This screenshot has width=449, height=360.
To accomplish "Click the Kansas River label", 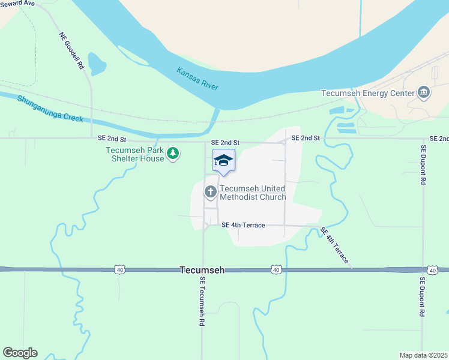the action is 197,79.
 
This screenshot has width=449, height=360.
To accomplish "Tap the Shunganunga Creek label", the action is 50,109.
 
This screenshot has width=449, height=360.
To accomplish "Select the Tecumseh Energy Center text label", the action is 368,93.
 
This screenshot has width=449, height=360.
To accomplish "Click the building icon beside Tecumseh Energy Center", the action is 424,92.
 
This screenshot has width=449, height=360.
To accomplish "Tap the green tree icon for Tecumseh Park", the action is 173,154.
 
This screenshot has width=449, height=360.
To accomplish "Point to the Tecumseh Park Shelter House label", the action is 134,154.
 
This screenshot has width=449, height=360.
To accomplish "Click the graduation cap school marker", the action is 223,160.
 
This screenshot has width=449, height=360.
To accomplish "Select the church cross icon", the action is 210,192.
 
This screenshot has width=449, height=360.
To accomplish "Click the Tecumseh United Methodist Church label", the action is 252,192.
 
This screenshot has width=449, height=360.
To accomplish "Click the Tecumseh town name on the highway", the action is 202,271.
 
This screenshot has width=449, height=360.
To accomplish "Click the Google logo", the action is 20,353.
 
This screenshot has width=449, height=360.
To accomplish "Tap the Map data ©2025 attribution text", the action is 423,355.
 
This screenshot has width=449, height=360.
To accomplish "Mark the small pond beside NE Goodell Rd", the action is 96,63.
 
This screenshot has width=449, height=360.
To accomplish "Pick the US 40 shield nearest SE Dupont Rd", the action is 432,270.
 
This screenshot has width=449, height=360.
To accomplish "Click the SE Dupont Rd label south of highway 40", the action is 423,296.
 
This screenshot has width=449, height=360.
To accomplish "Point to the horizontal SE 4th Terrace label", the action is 243,225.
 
